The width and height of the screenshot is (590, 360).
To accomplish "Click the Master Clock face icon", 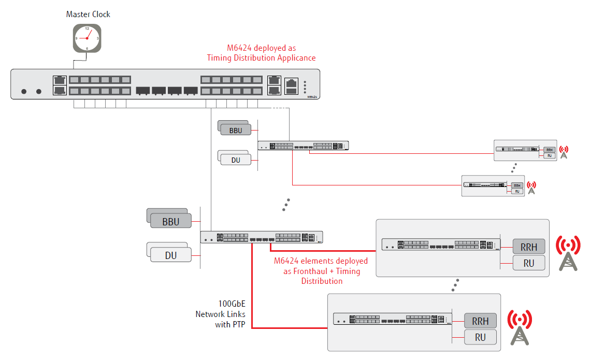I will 87,38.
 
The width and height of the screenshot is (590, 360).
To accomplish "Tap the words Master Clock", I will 88,15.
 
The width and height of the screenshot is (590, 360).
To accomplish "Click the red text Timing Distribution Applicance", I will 261,58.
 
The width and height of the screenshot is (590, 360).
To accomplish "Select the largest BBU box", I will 171,222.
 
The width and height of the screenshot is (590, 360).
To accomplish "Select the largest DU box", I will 171,255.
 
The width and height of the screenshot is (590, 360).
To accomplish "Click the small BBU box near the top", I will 236,131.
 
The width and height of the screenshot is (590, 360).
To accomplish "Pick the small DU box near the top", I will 236,160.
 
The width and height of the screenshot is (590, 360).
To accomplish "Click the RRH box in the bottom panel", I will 480,321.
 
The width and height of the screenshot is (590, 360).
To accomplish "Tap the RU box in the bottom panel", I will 480,337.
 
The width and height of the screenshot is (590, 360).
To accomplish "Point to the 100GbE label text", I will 232,304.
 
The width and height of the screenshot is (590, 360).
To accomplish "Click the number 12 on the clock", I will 87,29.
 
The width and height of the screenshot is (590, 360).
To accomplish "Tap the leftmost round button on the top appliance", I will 24,92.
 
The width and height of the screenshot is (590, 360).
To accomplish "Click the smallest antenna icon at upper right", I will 531,187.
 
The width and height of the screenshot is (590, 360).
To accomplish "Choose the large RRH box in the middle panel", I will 529,247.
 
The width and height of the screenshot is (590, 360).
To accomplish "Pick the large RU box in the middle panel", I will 529,263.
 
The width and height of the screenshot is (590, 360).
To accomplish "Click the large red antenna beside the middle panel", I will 568,253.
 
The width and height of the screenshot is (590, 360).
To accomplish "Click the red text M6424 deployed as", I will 262,48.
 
